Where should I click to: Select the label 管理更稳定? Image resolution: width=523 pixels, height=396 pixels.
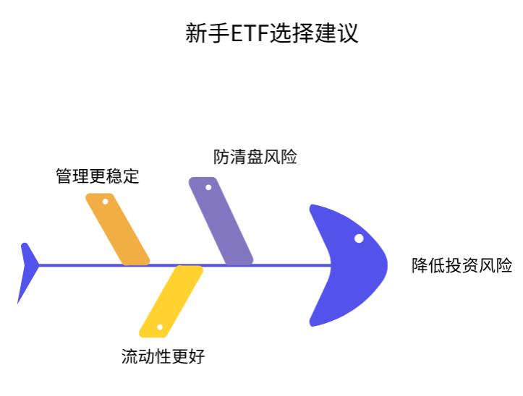(97, 176)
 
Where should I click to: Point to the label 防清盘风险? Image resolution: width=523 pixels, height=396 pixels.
(255, 157)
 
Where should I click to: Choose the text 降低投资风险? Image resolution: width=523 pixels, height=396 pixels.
(462, 265)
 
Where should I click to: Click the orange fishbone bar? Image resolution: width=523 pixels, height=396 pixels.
(117, 229)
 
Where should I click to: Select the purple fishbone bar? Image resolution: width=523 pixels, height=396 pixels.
(221, 220)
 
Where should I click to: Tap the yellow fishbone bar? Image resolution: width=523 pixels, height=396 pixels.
(171, 301)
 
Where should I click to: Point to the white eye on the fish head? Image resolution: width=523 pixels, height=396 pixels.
(359, 238)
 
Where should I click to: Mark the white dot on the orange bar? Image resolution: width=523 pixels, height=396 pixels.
(105, 202)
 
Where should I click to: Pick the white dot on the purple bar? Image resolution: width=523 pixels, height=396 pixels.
(208, 188)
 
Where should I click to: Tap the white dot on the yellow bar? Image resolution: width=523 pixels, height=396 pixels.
(160, 327)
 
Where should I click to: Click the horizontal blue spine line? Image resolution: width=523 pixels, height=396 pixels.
(275, 265)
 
